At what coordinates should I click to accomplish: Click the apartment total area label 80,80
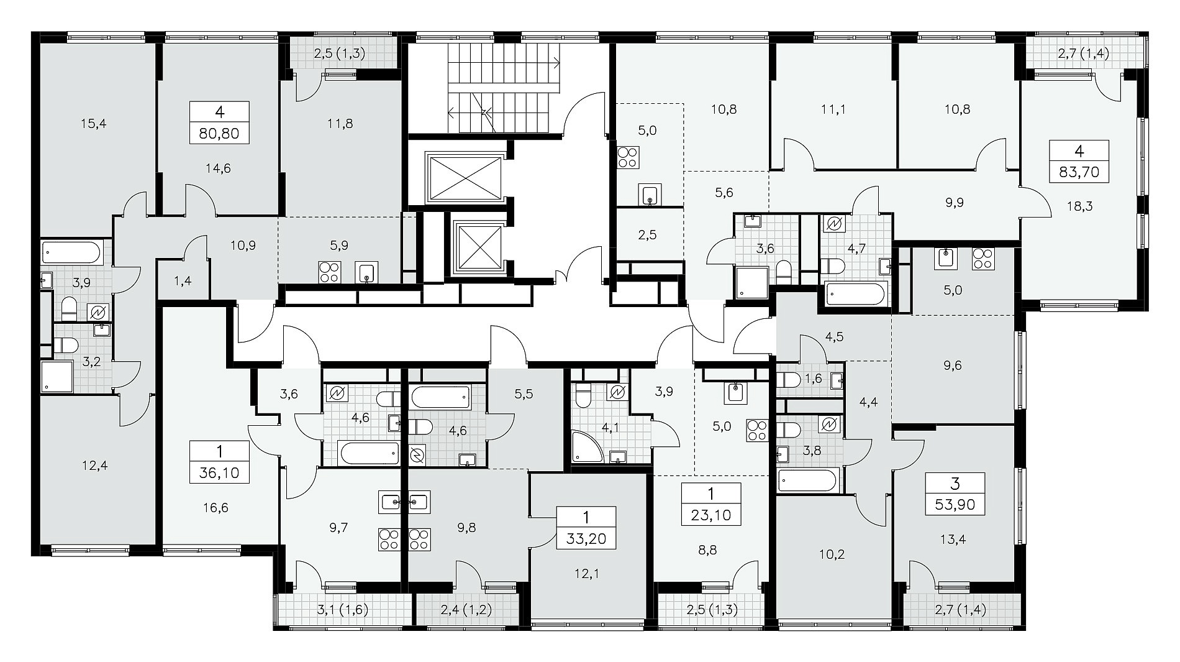219,133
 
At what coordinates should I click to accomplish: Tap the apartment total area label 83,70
1079,172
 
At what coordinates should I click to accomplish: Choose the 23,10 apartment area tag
711,515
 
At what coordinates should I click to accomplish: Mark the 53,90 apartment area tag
955,505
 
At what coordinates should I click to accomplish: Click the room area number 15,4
93,124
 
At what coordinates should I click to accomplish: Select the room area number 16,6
215,508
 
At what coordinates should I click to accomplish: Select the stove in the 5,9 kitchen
328,272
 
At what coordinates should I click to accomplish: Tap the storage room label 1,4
183,281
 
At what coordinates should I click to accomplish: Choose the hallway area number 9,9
955,202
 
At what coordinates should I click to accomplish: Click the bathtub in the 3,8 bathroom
807,480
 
